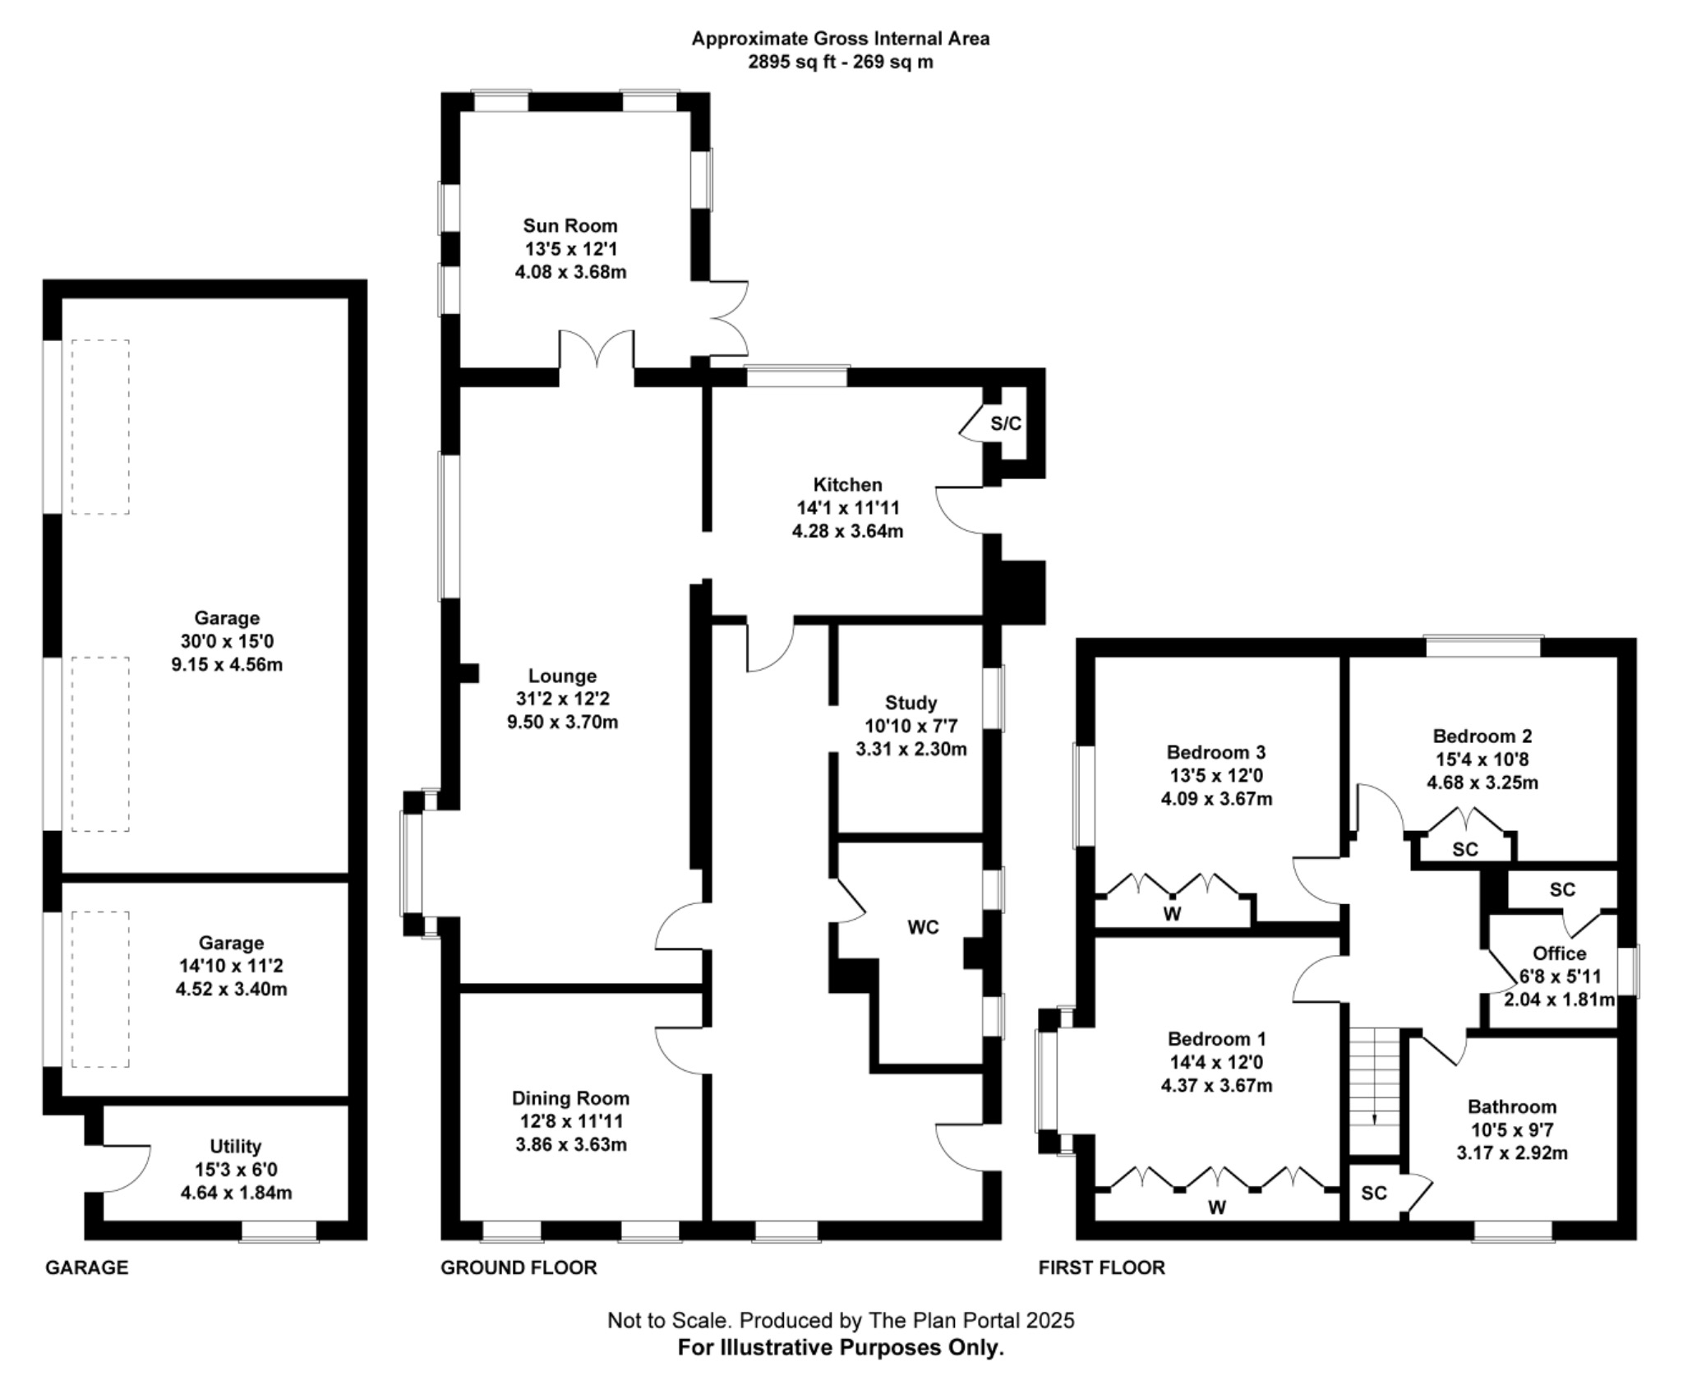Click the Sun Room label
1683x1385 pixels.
click(x=569, y=226)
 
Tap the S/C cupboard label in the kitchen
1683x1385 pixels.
click(x=1005, y=424)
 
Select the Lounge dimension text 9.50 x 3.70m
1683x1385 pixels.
click(x=562, y=723)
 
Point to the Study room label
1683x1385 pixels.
click(x=911, y=703)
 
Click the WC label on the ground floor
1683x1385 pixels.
click(x=922, y=927)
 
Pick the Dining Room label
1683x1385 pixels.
click(x=570, y=1098)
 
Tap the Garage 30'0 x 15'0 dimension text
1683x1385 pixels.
click(x=227, y=641)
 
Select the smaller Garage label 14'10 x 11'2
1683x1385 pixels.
click(x=231, y=966)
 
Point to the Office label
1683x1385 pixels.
click(x=1559, y=953)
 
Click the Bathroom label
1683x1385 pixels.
click(x=1511, y=1107)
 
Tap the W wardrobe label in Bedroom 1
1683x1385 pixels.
click(x=1216, y=1207)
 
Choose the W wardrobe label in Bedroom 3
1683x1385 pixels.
click(x=1172, y=914)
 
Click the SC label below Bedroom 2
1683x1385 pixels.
click(x=1464, y=850)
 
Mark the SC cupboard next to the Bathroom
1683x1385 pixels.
click(x=1373, y=1193)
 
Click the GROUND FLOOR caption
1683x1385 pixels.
click(x=519, y=1267)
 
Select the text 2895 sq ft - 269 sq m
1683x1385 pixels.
click(x=840, y=62)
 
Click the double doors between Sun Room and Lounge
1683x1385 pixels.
click(x=597, y=353)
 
